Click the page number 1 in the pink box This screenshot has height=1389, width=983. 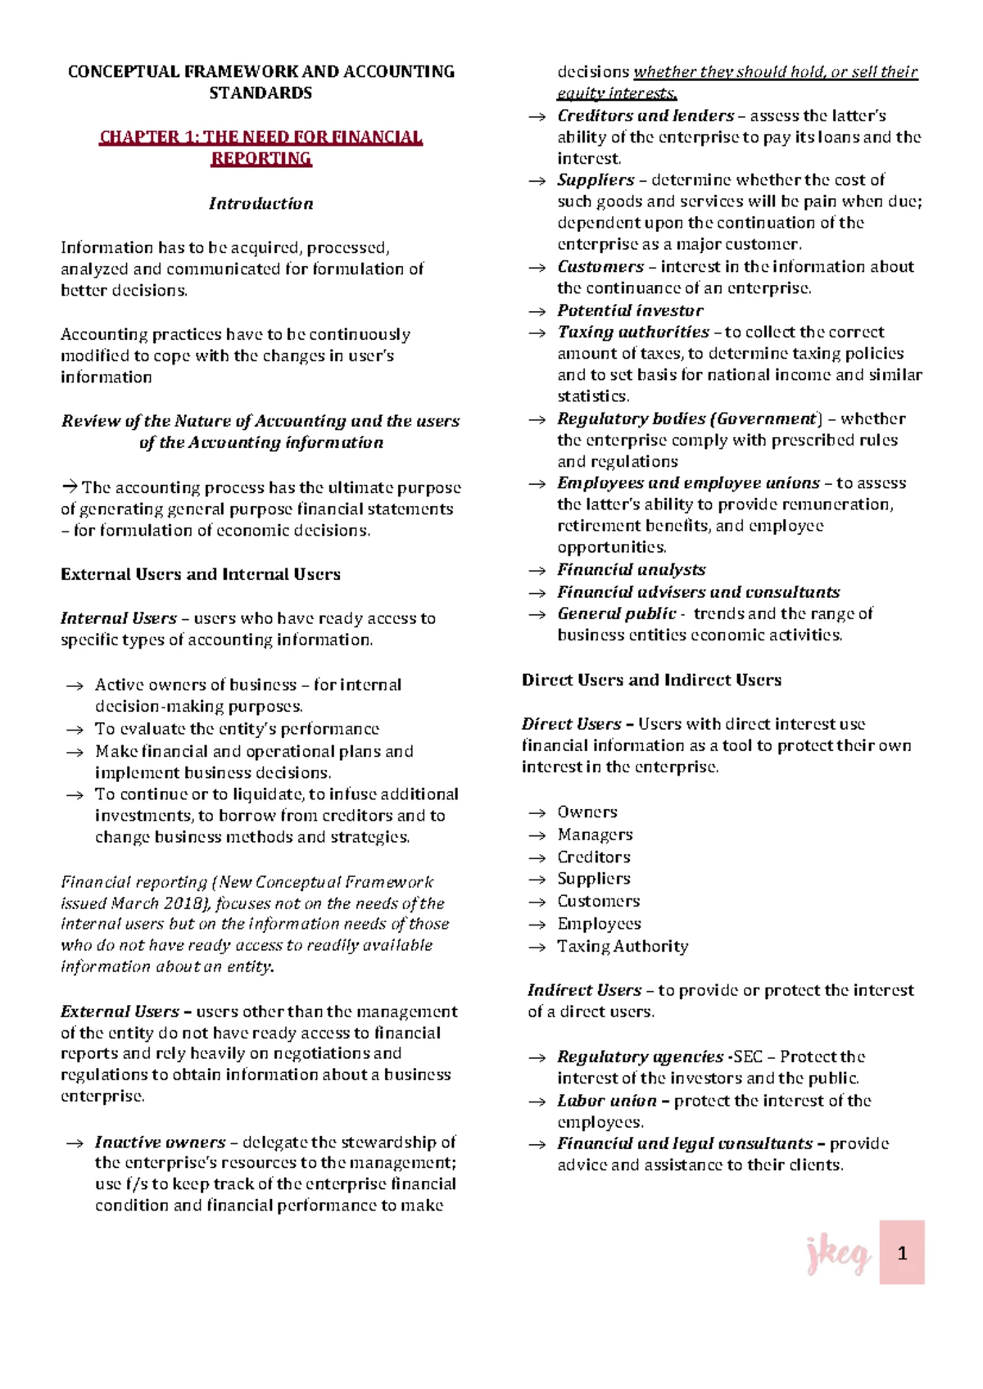pyautogui.click(x=902, y=1253)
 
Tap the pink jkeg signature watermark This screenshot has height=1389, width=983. pyautogui.click(x=836, y=1255)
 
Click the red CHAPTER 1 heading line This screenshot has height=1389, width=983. pyautogui.click(x=260, y=137)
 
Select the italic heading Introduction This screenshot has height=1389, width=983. pyautogui.click(x=260, y=203)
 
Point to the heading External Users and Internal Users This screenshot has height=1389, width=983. pyautogui.click(x=200, y=574)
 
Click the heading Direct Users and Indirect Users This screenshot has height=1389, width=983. pyautogui.click(x=651, y=680)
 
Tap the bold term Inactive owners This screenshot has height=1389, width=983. pyautogui.click(x=160, y=1142)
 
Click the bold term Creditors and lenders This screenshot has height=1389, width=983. pyautogui.click(x=646, y=115)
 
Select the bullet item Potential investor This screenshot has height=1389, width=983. pyautogui.click(x=630, y=310)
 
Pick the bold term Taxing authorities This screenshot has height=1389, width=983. pyautogui.click(x=632, y=332)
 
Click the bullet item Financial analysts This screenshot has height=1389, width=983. pyautogui.click(x=631, y=569)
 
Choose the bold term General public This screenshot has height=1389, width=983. pyautogui.click(x=616, y=613)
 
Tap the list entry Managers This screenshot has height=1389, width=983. pyautogui.click(x=595, y=835)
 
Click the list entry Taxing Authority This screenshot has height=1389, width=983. pyautogui.click(x=623, y=946)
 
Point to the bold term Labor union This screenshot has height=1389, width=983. pyautogui.click(x=606, y=1101)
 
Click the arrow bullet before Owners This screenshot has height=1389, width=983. pyautogui.click(x=537, y=812)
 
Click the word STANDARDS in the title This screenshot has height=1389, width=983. pyautogui.click(x=260, y=93)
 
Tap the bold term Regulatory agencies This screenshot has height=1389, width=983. pyautogui.click(x=640, y=1056)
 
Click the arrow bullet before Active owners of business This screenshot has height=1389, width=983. pyautogui.click(x=75, y=685)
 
